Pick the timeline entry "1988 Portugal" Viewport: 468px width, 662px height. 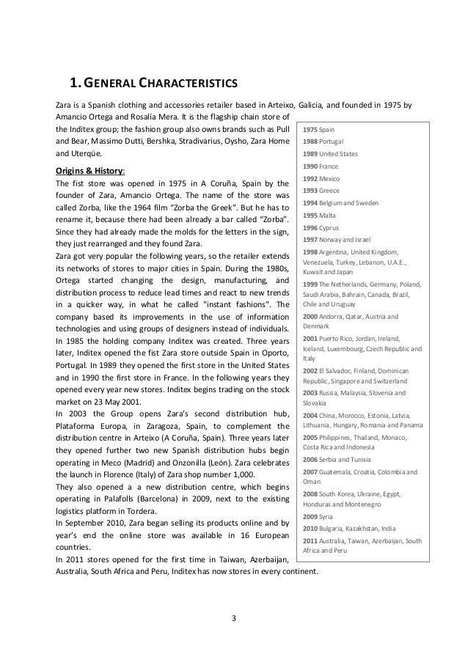coord(323,141)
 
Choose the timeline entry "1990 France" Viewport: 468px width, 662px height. coord(320,167)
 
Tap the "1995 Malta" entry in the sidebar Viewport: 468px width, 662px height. coord(319,216)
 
